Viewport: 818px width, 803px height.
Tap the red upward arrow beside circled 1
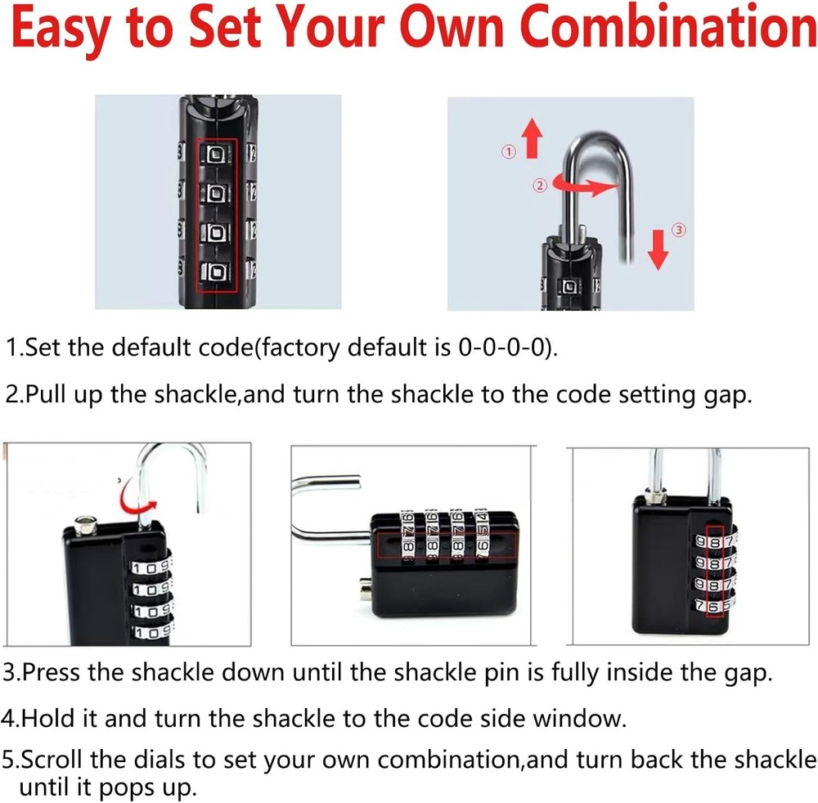[533, 137]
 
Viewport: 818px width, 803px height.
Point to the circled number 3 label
[677, 230]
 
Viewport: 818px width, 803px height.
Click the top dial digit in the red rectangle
[217, 154]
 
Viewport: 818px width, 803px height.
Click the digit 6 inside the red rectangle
[715, 607]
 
